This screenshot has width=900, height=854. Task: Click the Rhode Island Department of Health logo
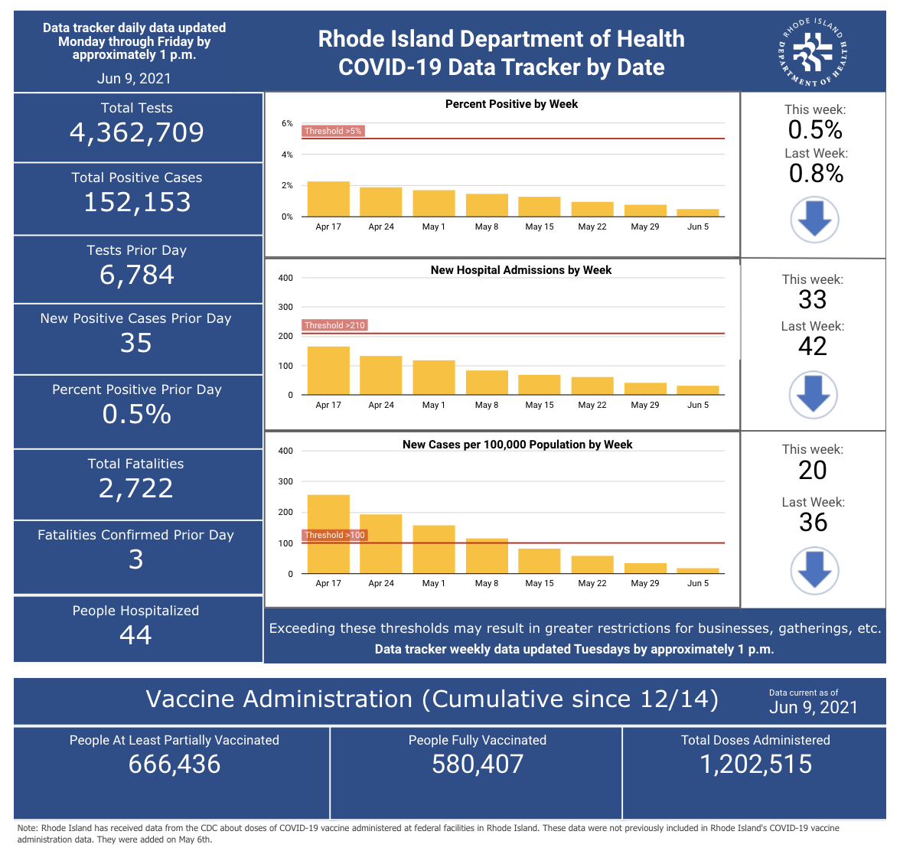pos(812,53)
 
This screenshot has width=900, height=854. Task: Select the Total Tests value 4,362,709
pos(136,132)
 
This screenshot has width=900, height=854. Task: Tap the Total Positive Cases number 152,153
pos(137,203)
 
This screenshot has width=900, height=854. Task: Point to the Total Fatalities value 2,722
pos(136,488)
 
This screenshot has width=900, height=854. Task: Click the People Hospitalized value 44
pos(136,635)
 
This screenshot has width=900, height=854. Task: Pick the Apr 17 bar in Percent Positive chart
pos(328,199)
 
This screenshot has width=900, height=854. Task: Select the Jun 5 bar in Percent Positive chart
pos(698,213)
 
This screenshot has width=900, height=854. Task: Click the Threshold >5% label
pos(333,131)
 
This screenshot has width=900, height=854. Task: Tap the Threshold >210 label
pos(334,325)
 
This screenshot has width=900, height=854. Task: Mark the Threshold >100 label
pos(334,535)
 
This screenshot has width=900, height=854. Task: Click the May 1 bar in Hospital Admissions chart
pos(434,377)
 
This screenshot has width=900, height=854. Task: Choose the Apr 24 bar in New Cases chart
pos(381,543)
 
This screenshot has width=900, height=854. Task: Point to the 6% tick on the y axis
pos(287,123)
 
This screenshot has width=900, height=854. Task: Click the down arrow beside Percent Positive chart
pos(814,220)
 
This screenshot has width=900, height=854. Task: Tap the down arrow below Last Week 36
pos(814,571)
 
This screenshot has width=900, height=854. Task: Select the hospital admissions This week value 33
pos(812,300)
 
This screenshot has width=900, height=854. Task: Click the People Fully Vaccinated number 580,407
pos(478,764)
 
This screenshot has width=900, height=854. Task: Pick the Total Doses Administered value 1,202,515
pos(756,764)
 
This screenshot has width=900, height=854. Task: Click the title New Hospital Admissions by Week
pos(521,269)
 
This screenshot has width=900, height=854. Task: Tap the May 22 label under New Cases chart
pos(592,583)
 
